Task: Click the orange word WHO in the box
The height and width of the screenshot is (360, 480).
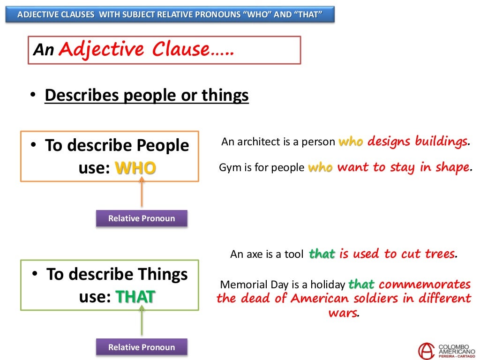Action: [135, 168]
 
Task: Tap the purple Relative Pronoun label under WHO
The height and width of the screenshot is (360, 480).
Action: [142, 218]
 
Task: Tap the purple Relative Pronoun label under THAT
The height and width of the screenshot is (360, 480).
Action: [142, 347]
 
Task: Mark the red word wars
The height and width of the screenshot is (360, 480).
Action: [343, 313]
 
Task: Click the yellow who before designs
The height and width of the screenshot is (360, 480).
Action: [351, 142]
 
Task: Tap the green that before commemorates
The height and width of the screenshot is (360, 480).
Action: [361, 285]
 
